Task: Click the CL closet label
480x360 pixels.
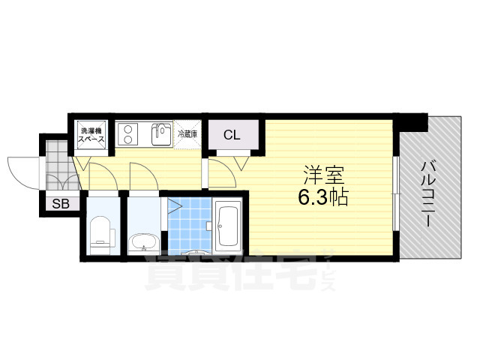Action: tap(232, 136)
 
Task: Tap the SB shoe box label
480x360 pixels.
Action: tap(59, 203)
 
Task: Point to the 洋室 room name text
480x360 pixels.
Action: tap(323, 177)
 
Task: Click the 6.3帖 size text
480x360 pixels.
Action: tap(324, 199)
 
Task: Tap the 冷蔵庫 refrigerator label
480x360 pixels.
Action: tap(187, 134)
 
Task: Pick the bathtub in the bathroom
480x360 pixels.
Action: tap(226, 226)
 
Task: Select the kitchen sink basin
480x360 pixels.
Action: tap(161, 135)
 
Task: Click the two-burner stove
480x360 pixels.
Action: tap(129, 135)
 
